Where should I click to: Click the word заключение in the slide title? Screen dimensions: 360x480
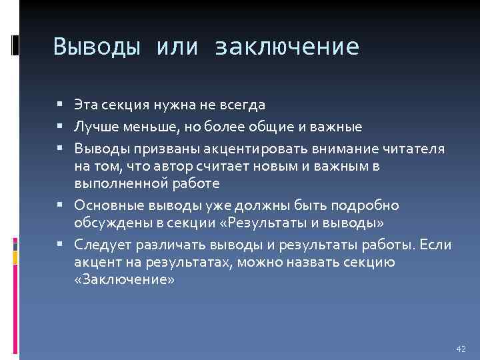pyautogui.click(x=287, y=47)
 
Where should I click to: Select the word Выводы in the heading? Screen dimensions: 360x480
pyautogui.click(x=96, y=47)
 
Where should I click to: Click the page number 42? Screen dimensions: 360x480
pyautogui.click(x=460, y=349)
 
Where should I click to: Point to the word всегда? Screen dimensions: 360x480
pyautogui.click(x=242, y=105)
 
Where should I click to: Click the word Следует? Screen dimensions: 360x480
pyautogui.click(x=99, y=245)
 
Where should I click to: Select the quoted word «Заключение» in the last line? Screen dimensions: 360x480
pyautogui.click(x=125, y=280)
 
